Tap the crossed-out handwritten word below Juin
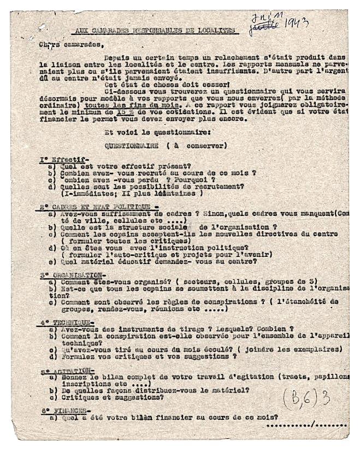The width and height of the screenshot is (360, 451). coord(264,26)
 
